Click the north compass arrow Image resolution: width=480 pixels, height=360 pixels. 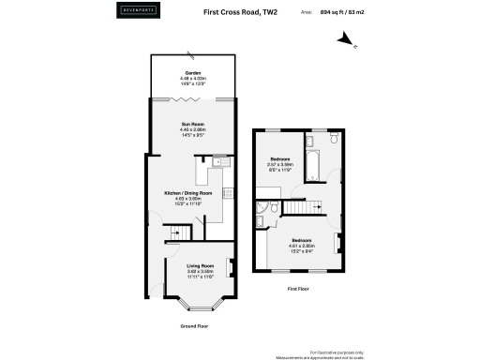click(349, 40)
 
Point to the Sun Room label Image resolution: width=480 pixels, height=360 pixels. click(192, 128)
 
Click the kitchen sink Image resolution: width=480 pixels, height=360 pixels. click(218, 160)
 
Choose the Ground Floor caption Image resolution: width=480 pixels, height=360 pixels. click(193, 325)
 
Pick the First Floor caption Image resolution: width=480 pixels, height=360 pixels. click(298, 290)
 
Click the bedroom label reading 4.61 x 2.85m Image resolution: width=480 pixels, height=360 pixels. click(302, 246)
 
